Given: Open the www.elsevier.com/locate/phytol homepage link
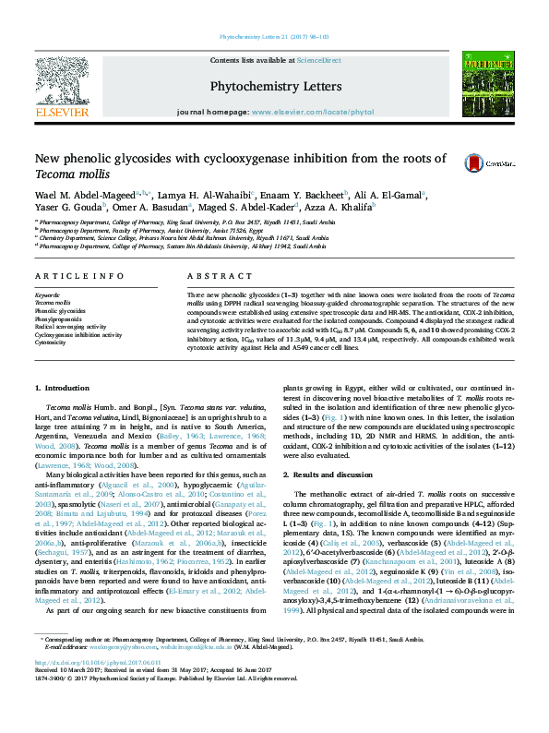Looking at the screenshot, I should (300, 112).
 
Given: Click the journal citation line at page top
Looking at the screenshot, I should (274, 36).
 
